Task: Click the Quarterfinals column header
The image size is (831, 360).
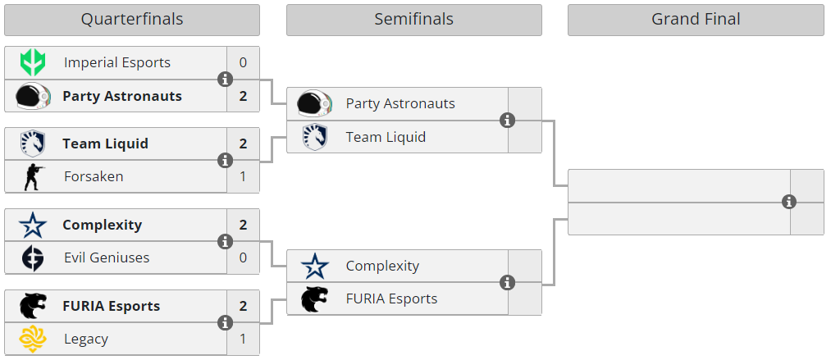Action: (131, 20)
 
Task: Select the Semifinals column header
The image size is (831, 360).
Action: (413, 20)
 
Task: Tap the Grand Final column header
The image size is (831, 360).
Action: (696, 20)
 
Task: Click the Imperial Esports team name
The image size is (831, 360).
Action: (117, 62)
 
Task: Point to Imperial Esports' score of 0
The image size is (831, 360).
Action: (243, 62)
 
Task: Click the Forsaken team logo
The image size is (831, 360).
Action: (34, 176)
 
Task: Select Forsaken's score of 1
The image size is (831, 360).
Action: (243, 176)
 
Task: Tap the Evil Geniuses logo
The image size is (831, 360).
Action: (34, 257)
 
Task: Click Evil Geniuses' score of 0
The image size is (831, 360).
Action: (243, 257)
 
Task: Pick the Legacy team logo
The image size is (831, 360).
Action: (34, 339)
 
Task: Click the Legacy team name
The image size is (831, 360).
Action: (86, 339)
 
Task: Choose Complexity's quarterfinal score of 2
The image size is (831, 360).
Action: (243, 225)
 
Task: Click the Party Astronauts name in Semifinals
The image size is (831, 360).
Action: (400, 103)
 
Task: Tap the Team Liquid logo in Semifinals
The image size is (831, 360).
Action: (315, 136)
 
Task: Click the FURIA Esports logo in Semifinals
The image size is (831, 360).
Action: (315, 298)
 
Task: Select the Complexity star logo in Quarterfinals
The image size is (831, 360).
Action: (34, 225)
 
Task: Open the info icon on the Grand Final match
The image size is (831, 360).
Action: (789, 202)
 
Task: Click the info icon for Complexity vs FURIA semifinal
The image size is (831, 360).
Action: (507, 283)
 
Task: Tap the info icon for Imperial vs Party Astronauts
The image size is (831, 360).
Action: (225, 80)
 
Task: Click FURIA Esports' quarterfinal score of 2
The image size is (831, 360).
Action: (243, 306)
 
